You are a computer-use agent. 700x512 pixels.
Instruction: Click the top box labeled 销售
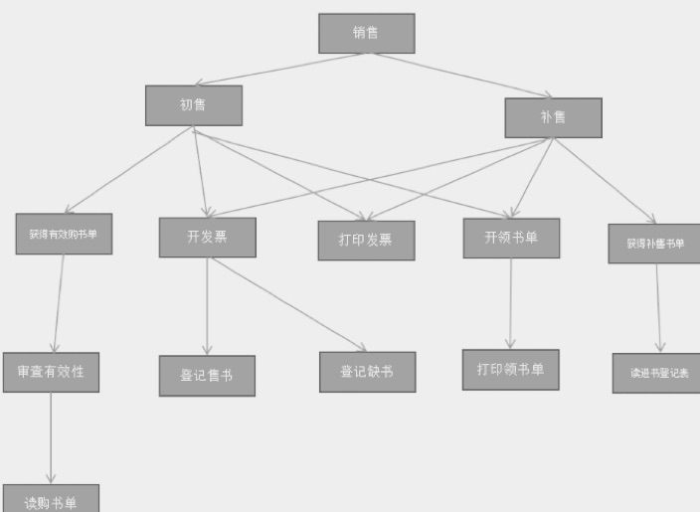pyautogui.click(x=366, y=33)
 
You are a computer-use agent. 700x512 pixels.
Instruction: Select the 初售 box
pyautogui.click(x=193, y=105)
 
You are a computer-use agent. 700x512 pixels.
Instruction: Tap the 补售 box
pyautogui.click(x=553, y=117)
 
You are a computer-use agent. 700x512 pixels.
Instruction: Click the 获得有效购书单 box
pyautogui.click(x=64, y=234)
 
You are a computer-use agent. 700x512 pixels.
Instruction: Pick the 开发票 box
pyautogui.click(x=207, y=238)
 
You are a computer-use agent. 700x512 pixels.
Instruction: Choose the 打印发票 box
pyautogui.click(x=366, y=241)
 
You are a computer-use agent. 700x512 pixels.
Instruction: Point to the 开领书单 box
pyautogui.click(x=511, y=239)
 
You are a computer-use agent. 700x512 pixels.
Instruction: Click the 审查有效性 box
pyautogui.click(x=51, y=372)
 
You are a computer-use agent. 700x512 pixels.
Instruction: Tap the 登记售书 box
pyautogui.click(x=207, y=376)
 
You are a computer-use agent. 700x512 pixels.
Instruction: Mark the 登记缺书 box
pyautogui.click(x=367, y=372)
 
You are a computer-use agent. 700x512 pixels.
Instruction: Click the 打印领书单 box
pyautogui.click(x=510, y=370)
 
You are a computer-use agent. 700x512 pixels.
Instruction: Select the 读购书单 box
pyautogui.click(x=51, y=500)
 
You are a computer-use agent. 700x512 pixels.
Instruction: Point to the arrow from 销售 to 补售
pyautogui.click(x=456, y=76)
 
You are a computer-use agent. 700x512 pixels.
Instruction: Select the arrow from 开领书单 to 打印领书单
pyautogui.click(x=511, y=303)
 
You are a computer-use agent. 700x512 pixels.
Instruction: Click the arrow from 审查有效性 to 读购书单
pyautogui.click(x=51, y=437)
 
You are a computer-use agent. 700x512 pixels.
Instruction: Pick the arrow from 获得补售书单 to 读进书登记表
pyautogui.click(x=657, y=308)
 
